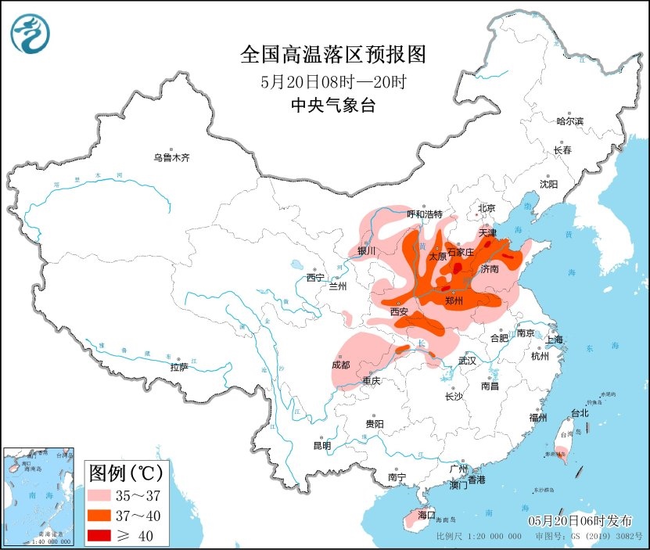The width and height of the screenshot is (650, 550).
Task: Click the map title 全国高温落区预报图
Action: click(332, 54)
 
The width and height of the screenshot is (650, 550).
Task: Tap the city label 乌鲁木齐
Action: click(171, 157)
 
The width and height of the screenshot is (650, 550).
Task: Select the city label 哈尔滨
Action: click(569, 121)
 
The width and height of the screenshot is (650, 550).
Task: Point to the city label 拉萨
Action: click(178, 367)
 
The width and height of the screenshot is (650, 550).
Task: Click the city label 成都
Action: click(340, 365)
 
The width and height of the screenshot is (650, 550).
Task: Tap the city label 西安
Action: click(399, 311)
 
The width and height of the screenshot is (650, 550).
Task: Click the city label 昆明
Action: click(321, 445)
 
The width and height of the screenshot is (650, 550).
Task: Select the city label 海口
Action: click(426, 516)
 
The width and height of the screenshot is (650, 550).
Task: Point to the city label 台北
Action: click(580, 412)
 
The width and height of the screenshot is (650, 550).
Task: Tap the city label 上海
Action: click(555, 340)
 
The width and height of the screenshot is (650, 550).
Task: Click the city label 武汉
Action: click(468, 361)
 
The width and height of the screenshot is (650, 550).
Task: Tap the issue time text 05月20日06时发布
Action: click(580, 521)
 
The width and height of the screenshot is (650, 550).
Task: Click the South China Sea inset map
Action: click(38, 496)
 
